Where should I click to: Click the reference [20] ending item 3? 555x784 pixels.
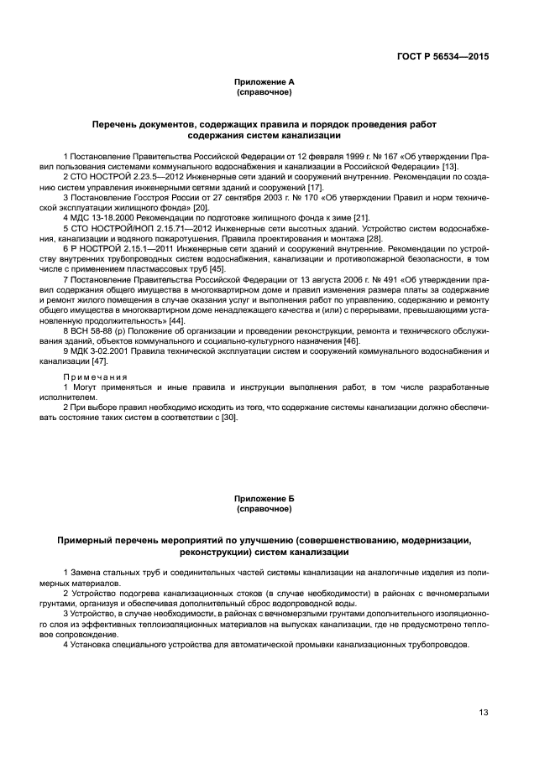(201, 207)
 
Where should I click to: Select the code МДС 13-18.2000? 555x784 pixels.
(100, 217)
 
